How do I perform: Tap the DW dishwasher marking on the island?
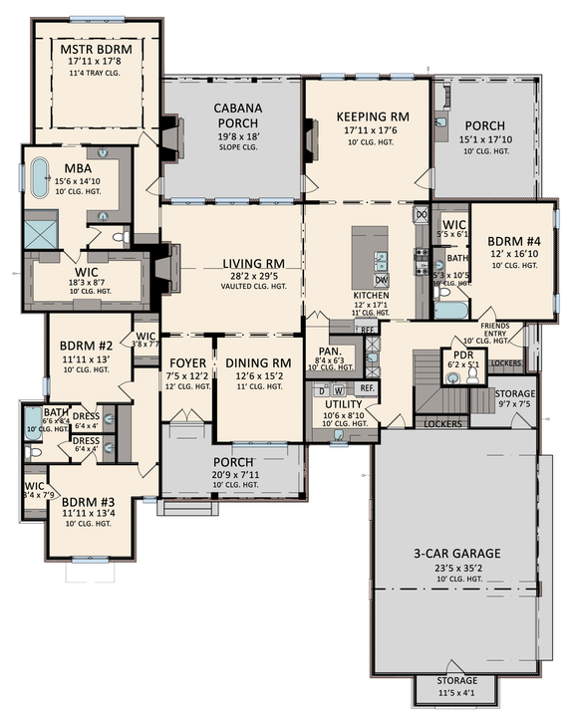(x=383, y=279)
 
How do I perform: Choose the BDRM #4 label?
(x=511, y=241)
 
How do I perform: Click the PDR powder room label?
(x=461, y=354)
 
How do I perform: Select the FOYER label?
(x=187, y=362)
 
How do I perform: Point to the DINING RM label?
(x=257, y=362)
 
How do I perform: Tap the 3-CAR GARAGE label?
(x=459, y=554)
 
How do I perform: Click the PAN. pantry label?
(x=331, y=351)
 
